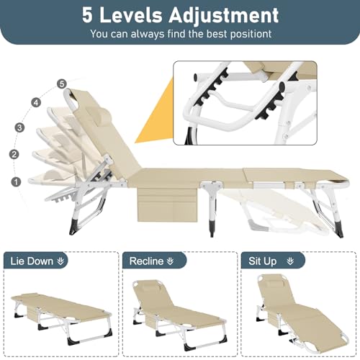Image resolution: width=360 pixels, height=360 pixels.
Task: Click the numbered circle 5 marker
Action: click(x=62, y=84)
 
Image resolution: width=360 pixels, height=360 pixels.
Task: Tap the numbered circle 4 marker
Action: click(x=36, y=103)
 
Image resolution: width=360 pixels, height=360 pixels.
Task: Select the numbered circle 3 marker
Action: click(x=19, y=127)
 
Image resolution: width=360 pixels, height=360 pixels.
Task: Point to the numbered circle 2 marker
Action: click(x=14, y=154)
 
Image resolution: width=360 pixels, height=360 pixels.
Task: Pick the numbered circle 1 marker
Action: click(x=16, y=181)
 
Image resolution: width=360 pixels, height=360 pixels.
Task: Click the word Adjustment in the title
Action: click(x=223, y=16)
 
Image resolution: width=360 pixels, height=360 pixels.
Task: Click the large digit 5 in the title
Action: click(x=87, y=15)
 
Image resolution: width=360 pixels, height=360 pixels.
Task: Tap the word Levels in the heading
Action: click(x=131, y=15)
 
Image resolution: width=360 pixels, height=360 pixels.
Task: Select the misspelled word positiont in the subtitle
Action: click(x=251, y=34)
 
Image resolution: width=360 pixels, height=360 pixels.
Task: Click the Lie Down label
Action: click(x=32, y=261)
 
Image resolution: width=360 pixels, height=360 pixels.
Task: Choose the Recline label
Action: click(x=146, y=261)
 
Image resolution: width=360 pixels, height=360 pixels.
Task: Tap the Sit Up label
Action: click(x=263, y=261)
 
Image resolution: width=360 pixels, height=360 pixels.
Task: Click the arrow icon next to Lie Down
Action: click(x=60, y=261)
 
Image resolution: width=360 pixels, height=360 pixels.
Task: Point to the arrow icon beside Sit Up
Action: click(x=290, y=261)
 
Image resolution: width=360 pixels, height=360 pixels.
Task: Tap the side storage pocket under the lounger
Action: click(x=168, y=204)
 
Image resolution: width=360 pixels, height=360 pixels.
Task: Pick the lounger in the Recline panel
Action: click(x=179, y=314)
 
